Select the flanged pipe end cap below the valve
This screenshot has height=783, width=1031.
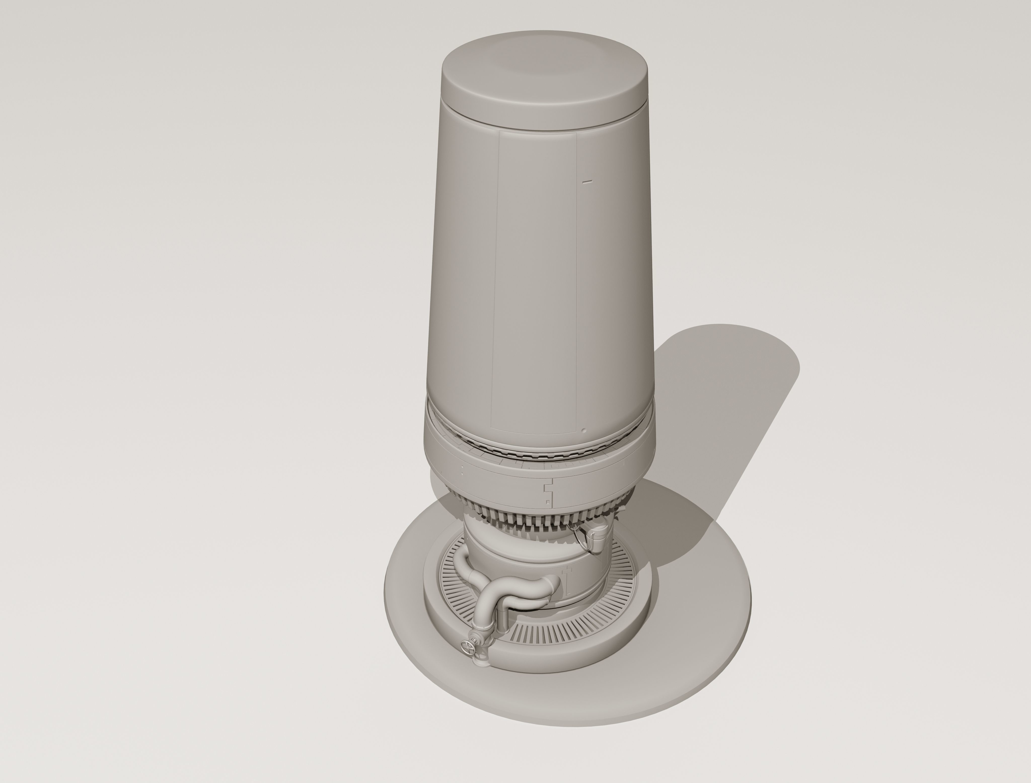pos(481,661)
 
